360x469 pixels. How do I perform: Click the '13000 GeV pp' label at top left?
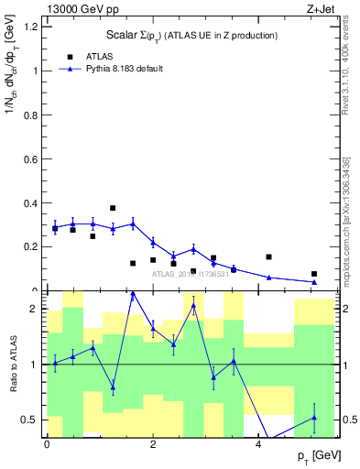(79, 10)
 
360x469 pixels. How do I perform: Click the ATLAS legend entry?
(101, 55)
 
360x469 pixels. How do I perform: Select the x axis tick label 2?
(152, 444)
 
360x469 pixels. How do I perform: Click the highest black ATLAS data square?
(113, 208)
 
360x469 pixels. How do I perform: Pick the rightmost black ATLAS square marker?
(314, 274)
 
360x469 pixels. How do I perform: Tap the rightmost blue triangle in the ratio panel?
(314, 418)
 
